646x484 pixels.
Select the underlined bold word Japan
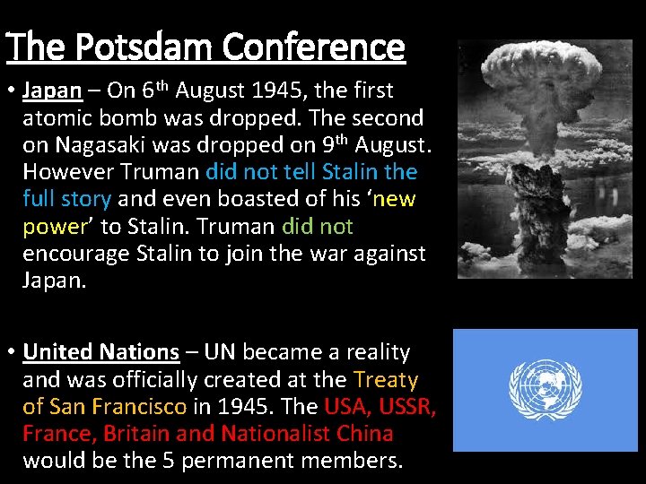coord(52,91)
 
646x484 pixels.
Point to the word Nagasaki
coord(99,144)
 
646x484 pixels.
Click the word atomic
coord(53,117)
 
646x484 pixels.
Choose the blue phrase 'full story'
coord(67,198)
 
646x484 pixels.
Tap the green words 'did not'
coord(318,226)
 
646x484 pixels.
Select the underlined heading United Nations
coord(101,352)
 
